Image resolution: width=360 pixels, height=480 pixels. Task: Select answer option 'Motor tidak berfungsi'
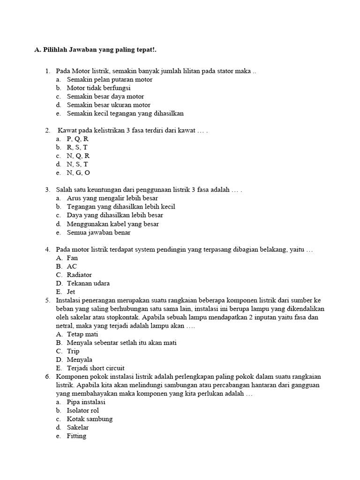pyautogui.click(x=98, y=88)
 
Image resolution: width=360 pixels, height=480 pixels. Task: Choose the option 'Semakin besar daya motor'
pyautogui.click(x=105, y=97)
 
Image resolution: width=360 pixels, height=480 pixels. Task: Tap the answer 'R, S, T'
pyautogui.click(x=77, y=147)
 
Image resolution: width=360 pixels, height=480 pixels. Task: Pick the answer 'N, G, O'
pyautogui.click(x=78, y=172)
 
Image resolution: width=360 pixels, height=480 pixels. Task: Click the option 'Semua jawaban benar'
pyautogui.click(x=98, y=232)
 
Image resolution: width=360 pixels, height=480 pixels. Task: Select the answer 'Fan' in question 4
pyautogui.click(x=72, y=258)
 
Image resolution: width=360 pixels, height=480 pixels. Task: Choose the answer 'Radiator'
pyautogui.click(x=79, y=275)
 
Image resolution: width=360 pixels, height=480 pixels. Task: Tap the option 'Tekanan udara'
pyautogui.click(x=88, y=283)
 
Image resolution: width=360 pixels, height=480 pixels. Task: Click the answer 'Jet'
pyautogui.click(x=71, y=292)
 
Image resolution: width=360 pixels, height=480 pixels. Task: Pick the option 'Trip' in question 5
pyautogui.click(x=73, y=351)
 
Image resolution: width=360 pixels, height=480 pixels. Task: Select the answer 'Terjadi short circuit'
pyautogui.click(x=96, y=368)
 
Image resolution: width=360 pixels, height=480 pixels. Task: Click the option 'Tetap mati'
pyautogui.click(x=82, y=334)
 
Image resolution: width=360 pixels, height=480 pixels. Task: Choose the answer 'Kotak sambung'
pyautogui.click(x=90, y=419)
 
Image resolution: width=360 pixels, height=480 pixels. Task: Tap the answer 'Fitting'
pyautogui.click(x=76, y=436)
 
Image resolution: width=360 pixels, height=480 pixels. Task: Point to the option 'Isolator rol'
pyautogui.click(x=83, y=411)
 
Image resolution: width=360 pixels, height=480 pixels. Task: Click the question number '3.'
pyautogui.click(x=48, y=190)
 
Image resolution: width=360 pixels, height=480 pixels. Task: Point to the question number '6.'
pyautogui.click(x=48, y=376)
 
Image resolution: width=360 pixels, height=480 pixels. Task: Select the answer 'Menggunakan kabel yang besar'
pyautogui.click(x=112, y=224)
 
